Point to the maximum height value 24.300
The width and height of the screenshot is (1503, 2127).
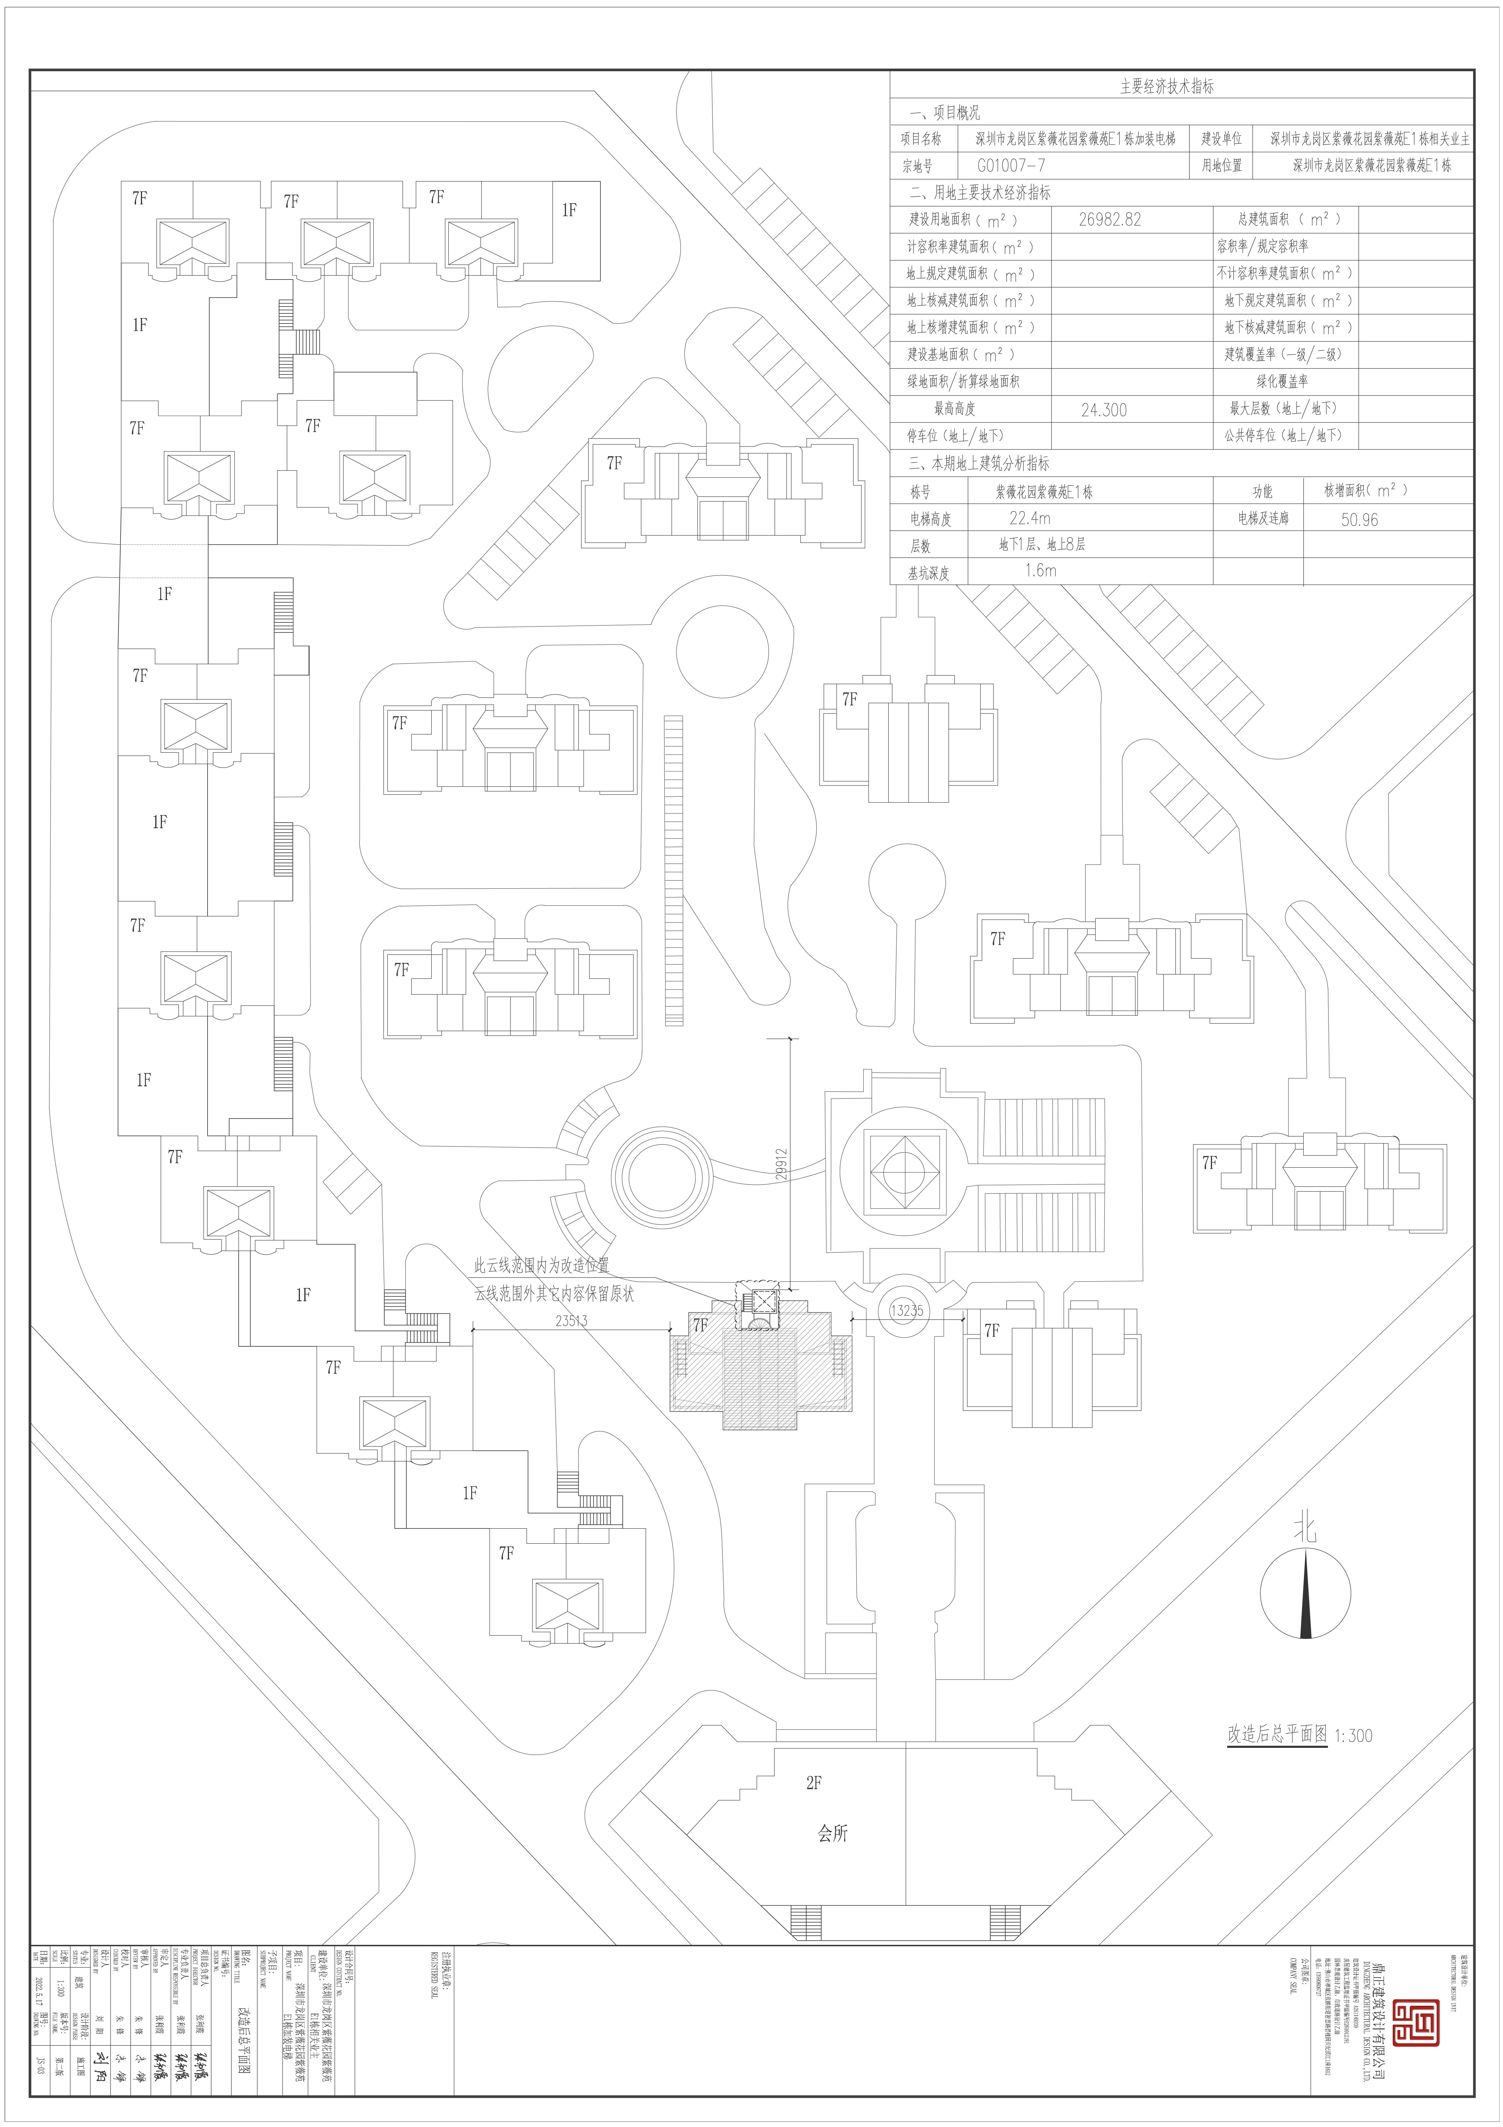(1104, 410)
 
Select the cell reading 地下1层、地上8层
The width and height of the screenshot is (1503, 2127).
(1042, 545)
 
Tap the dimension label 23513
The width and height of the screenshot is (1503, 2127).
(572, 1320)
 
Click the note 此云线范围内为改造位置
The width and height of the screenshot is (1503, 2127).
(542, 1264)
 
